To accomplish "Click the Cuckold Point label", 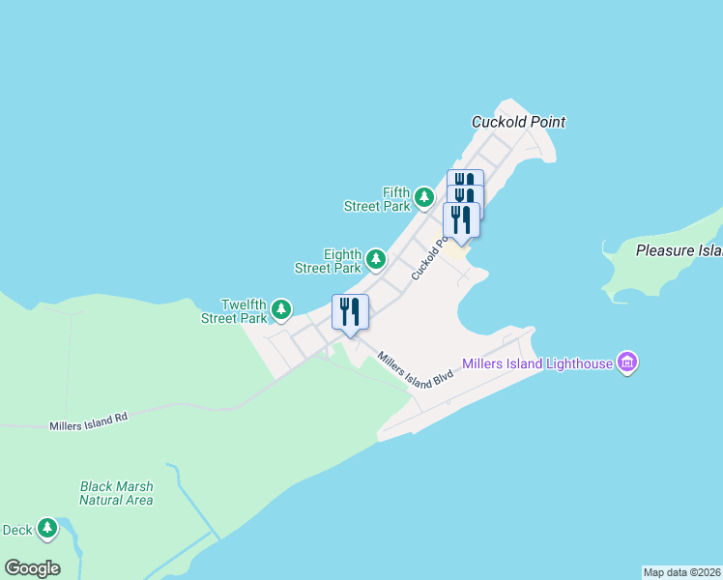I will (517, 122).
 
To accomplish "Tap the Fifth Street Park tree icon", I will (423, 198).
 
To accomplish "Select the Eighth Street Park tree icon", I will (376, 259).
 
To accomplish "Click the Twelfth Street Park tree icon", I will (280, 309).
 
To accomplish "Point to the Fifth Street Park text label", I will (383, 199).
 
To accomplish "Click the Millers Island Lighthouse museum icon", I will (627, 362).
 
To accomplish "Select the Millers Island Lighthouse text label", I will (537, 363).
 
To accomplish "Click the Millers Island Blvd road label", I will (416, 369).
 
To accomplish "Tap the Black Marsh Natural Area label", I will (116, 493).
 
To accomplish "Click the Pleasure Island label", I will (679, 250).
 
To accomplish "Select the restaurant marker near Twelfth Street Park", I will (350, 311).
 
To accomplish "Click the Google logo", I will (32, 567).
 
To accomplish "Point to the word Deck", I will (17, 529).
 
